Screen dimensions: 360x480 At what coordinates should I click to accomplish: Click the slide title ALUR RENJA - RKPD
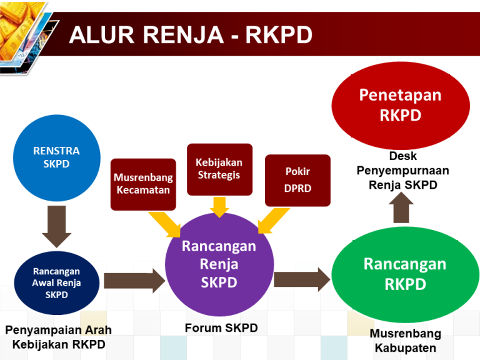191,34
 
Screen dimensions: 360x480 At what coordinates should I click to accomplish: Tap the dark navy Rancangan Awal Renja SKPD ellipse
56,282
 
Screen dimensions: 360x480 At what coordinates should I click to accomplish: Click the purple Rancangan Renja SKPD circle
219,264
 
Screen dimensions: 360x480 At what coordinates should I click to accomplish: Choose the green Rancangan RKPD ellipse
405,274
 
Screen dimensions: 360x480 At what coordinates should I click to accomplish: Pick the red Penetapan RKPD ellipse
400,105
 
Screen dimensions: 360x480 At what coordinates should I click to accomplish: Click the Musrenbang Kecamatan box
143,184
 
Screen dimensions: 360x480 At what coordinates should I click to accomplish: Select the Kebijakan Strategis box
219,169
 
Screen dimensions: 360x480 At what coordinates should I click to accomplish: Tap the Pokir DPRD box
297,180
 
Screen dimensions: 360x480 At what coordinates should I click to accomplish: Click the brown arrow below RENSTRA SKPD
56,227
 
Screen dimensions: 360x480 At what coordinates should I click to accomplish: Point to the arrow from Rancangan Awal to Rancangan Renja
133,280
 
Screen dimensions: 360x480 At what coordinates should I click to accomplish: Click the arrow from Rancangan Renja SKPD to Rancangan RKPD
301,279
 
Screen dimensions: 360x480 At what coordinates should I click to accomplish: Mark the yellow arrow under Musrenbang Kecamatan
164,224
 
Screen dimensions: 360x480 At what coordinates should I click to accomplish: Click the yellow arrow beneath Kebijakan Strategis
219,207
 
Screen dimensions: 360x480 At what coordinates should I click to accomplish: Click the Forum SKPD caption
221,328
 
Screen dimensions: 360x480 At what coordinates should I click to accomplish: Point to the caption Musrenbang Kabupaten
405,341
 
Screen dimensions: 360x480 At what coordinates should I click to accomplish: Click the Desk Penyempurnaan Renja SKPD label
402,170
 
